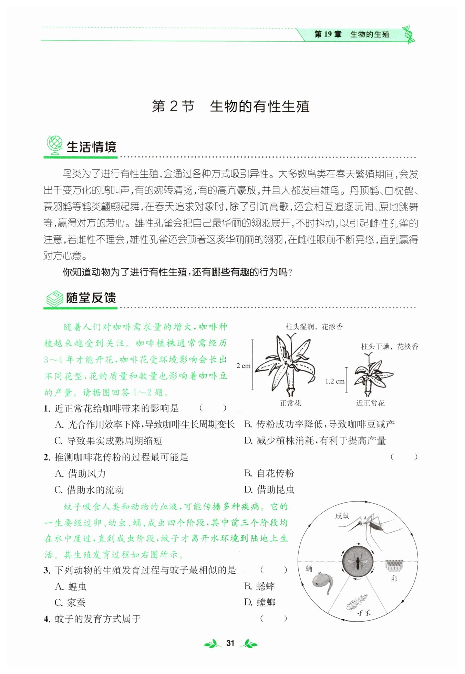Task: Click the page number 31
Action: click(x=230, y=643)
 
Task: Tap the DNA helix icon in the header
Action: click(x=409, y=34)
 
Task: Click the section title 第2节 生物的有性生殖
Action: click(x=231, y=106)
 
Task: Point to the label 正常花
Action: click(x=290, y=403)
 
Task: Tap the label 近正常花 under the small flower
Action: click(x=370, y=403)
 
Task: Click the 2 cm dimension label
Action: click(x=244, y=366)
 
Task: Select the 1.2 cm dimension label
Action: click(x=335, y=381)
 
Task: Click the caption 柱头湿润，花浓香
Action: click(x=314, y=327)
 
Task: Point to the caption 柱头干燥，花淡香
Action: click(x=390, y=347)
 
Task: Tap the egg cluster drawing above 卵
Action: click(x=394, y=565)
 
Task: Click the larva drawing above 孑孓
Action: click(x=357, y=602)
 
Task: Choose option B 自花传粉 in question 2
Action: click(x=269, y=473)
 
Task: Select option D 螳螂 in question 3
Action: click(x=260, y=603)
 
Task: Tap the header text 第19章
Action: click(x=328, y=34)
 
